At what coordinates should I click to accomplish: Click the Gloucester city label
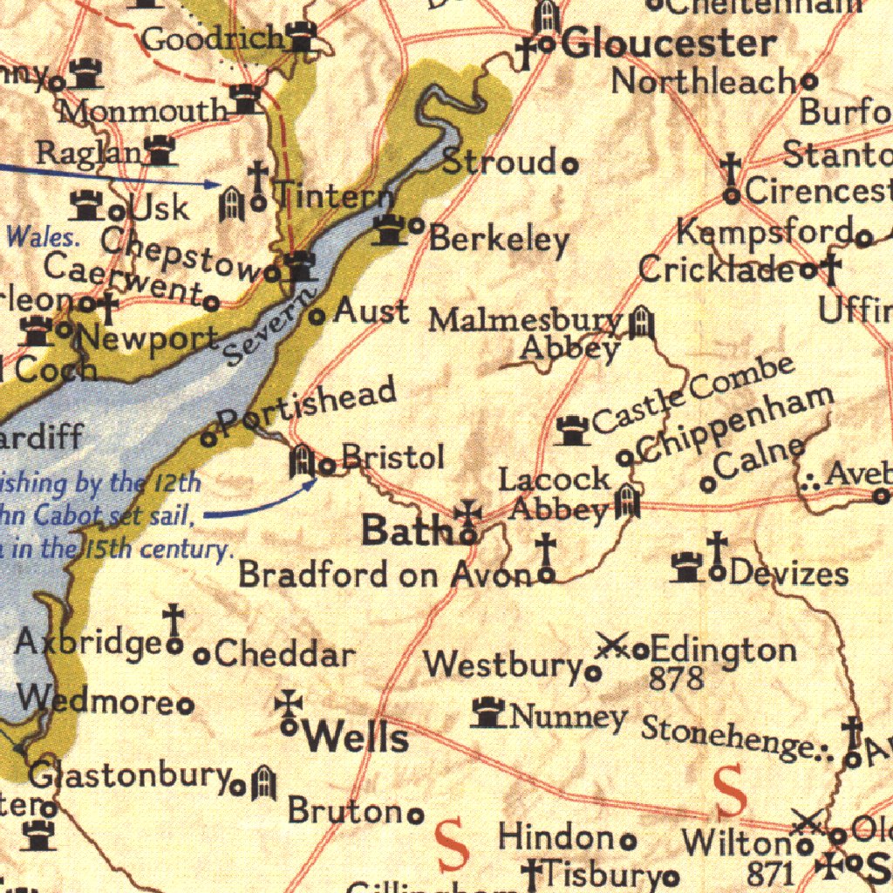point(668,44)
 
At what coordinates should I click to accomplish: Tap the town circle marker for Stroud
point(569,163)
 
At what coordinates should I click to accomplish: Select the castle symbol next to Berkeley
point(390,230)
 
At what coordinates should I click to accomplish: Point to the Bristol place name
point(392,458)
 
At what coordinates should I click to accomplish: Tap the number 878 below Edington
point(676,678)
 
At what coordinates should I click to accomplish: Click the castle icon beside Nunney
point(487,713)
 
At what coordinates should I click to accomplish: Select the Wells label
point(355,738)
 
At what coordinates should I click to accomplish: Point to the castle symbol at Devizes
point(688,569)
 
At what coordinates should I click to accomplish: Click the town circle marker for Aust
point(318,316)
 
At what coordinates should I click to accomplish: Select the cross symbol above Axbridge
point(174,619)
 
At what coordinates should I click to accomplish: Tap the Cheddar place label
point(284,654)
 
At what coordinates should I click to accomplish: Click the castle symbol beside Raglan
point(160,151)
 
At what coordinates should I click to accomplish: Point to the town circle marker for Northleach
point(809,81)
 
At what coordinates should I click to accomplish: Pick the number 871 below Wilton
point(771,872)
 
